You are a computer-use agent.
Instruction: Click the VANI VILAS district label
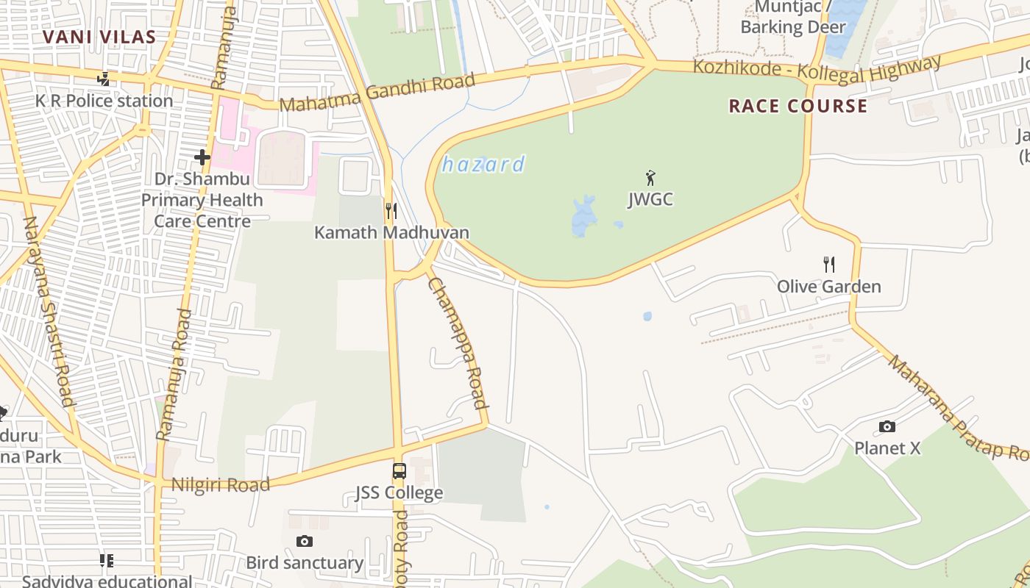[x=99, y=37]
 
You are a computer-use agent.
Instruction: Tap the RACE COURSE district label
[x=798, y=106]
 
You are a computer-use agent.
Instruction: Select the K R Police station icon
[x=104, y=79]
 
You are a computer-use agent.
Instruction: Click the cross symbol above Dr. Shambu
[x=202, y=157]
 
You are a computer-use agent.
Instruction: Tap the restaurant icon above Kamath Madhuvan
[x=391, y=211]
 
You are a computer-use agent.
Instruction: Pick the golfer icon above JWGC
[x=650, y=177]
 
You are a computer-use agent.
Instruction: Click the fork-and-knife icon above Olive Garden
[x=828, y=264]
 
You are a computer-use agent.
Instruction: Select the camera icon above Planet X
[x=887, y=426]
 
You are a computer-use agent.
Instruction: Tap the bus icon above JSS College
[x=399, y=471]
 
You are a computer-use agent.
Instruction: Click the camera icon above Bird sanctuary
[x=305, y=542]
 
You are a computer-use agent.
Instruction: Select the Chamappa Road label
[x=458, y=343]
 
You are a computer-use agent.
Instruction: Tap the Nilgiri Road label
[x=221, y=484]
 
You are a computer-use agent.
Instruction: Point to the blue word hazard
[x=483, y=164]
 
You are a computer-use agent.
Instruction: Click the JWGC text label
[x=650, y=199]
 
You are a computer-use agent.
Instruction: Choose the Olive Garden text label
[x=829, y=287]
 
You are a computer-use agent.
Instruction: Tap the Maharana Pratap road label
[x=957, y=407]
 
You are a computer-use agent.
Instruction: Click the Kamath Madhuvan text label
[x=391, y=232]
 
